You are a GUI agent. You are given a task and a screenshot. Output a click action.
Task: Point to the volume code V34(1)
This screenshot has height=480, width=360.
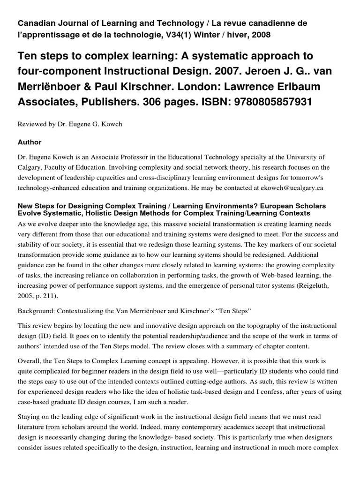tap(183, 35)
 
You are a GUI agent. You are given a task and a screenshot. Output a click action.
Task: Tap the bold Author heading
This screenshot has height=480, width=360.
tap(30, 142)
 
